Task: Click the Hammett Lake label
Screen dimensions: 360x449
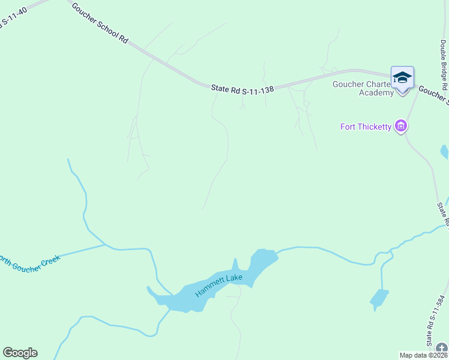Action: click(x=218, y=285)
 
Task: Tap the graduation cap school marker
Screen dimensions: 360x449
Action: click(x=402, y=78)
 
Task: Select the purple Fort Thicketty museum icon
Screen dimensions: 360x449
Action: click(x=402, y=127)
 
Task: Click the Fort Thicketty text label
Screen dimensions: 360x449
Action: click(x=366, y=127)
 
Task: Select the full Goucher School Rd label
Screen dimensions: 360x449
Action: click(x=100, y=22)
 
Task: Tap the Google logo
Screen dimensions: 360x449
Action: click(x=20, y=353)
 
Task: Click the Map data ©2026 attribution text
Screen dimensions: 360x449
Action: click(x=423, y=355)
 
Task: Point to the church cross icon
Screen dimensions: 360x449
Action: click(x=442, y=349)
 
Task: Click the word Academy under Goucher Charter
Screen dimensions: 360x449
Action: click(x=376, y=92)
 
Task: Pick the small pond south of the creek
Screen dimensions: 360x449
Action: click(x=379, y=298)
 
